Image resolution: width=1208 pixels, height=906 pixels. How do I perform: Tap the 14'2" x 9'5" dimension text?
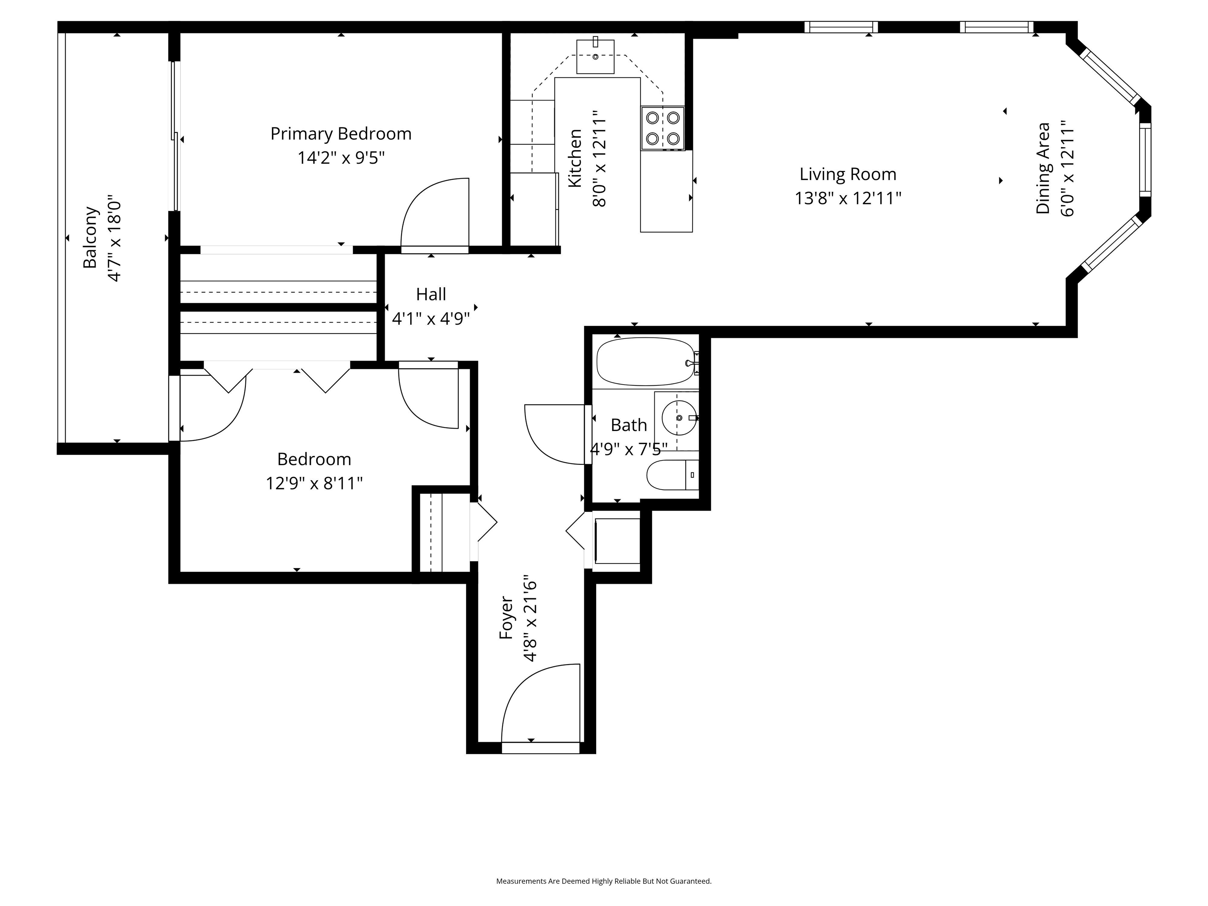point(341,158)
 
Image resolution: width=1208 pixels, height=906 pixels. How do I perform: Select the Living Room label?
point(847,175)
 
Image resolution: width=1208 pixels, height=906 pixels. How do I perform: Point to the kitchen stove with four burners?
point(663,128)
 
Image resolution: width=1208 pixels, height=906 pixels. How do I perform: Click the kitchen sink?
point(595,56)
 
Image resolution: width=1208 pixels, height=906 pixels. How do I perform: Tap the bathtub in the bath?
point(646,361)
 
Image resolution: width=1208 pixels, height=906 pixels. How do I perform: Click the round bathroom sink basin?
point(679,418)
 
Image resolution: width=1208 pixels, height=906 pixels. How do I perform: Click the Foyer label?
point(506,618)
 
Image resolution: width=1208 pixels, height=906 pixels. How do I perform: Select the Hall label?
point(431,295)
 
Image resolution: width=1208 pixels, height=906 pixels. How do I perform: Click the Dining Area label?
point(1043,168)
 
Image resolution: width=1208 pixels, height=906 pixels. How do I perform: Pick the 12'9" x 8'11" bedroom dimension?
point(314,484)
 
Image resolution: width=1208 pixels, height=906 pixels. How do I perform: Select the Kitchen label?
point(575,159)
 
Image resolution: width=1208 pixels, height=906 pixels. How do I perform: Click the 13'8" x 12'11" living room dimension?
point(847,198)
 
